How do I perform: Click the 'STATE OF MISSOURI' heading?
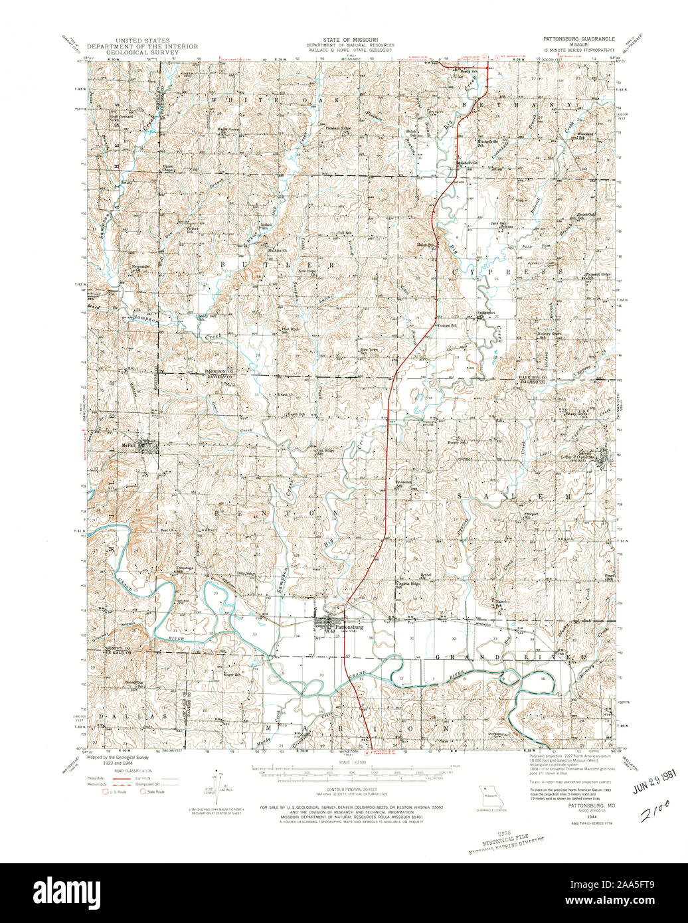(344, 40)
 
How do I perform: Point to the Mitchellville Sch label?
(487, 142)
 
